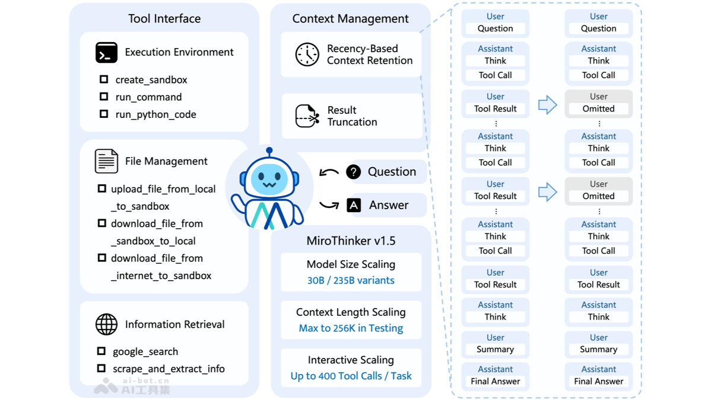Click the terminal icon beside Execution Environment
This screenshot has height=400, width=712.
point(106,53)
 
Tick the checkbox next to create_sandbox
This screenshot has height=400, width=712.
point(104,79)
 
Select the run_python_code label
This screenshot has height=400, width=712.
point(155,114)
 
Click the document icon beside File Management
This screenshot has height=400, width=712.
point(106,161)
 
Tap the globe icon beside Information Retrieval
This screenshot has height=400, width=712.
point(106,324)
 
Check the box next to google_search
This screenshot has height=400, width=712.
point(101,351)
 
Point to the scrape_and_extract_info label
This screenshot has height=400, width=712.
point(169,369)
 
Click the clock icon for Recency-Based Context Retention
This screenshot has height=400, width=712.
point(307,55)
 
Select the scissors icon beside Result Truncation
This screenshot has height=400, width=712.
point(307,116)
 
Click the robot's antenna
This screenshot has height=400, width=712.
point(269,152)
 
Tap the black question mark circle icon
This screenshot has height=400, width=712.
point(354,172)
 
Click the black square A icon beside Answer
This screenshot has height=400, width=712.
point(354,205)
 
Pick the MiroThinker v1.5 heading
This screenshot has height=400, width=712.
point(351,241)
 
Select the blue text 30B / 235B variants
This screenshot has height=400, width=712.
point(351,280)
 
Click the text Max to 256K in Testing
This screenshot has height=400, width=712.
point(351,328)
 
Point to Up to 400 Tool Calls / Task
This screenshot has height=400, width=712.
point(351,376)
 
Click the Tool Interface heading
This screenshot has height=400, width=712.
point(164,18)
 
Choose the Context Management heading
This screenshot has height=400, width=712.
point(350,18)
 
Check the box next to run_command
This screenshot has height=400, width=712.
point(104,97)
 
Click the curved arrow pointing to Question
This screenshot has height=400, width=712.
point(329,172)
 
